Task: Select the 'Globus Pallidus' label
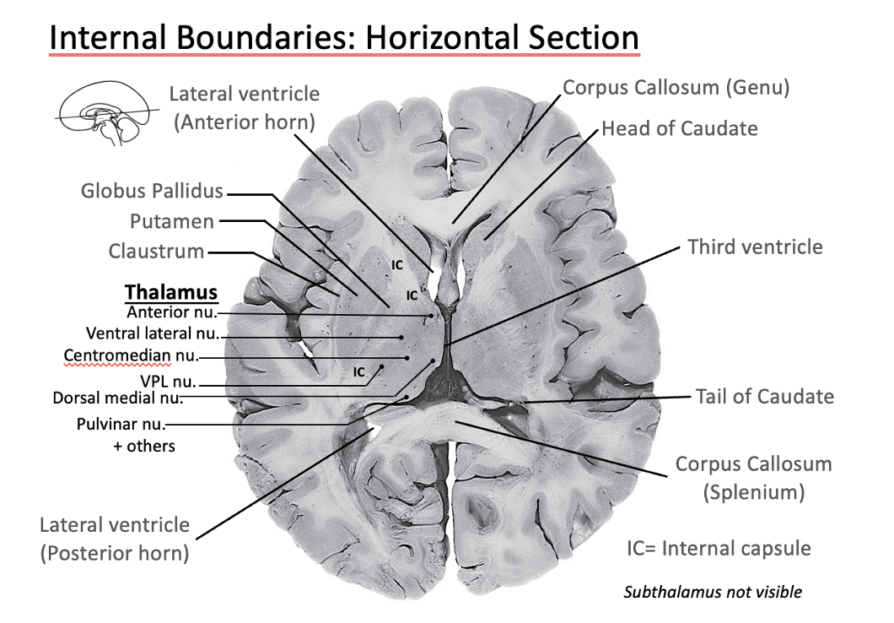tap(152, 191)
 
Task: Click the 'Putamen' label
tap(172, 221)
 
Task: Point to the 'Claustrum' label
tap(156, 252)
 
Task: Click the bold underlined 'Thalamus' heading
tap(171, 292)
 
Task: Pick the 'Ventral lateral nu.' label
tap(152, 333)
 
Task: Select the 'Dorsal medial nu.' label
tap(117, 396)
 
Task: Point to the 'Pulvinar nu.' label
tap(120, 423)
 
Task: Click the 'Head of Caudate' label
tap(679, 128)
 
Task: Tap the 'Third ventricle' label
tap(755, 246)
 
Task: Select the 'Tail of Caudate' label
tap(764, 396)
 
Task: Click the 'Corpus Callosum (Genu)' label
tap(676, 87)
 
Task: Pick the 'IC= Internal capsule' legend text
tap(719, 549)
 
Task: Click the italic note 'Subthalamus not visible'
tap(713, 592)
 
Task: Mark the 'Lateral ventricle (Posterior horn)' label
tap(114, 539)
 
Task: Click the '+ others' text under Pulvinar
tap(144, 445)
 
